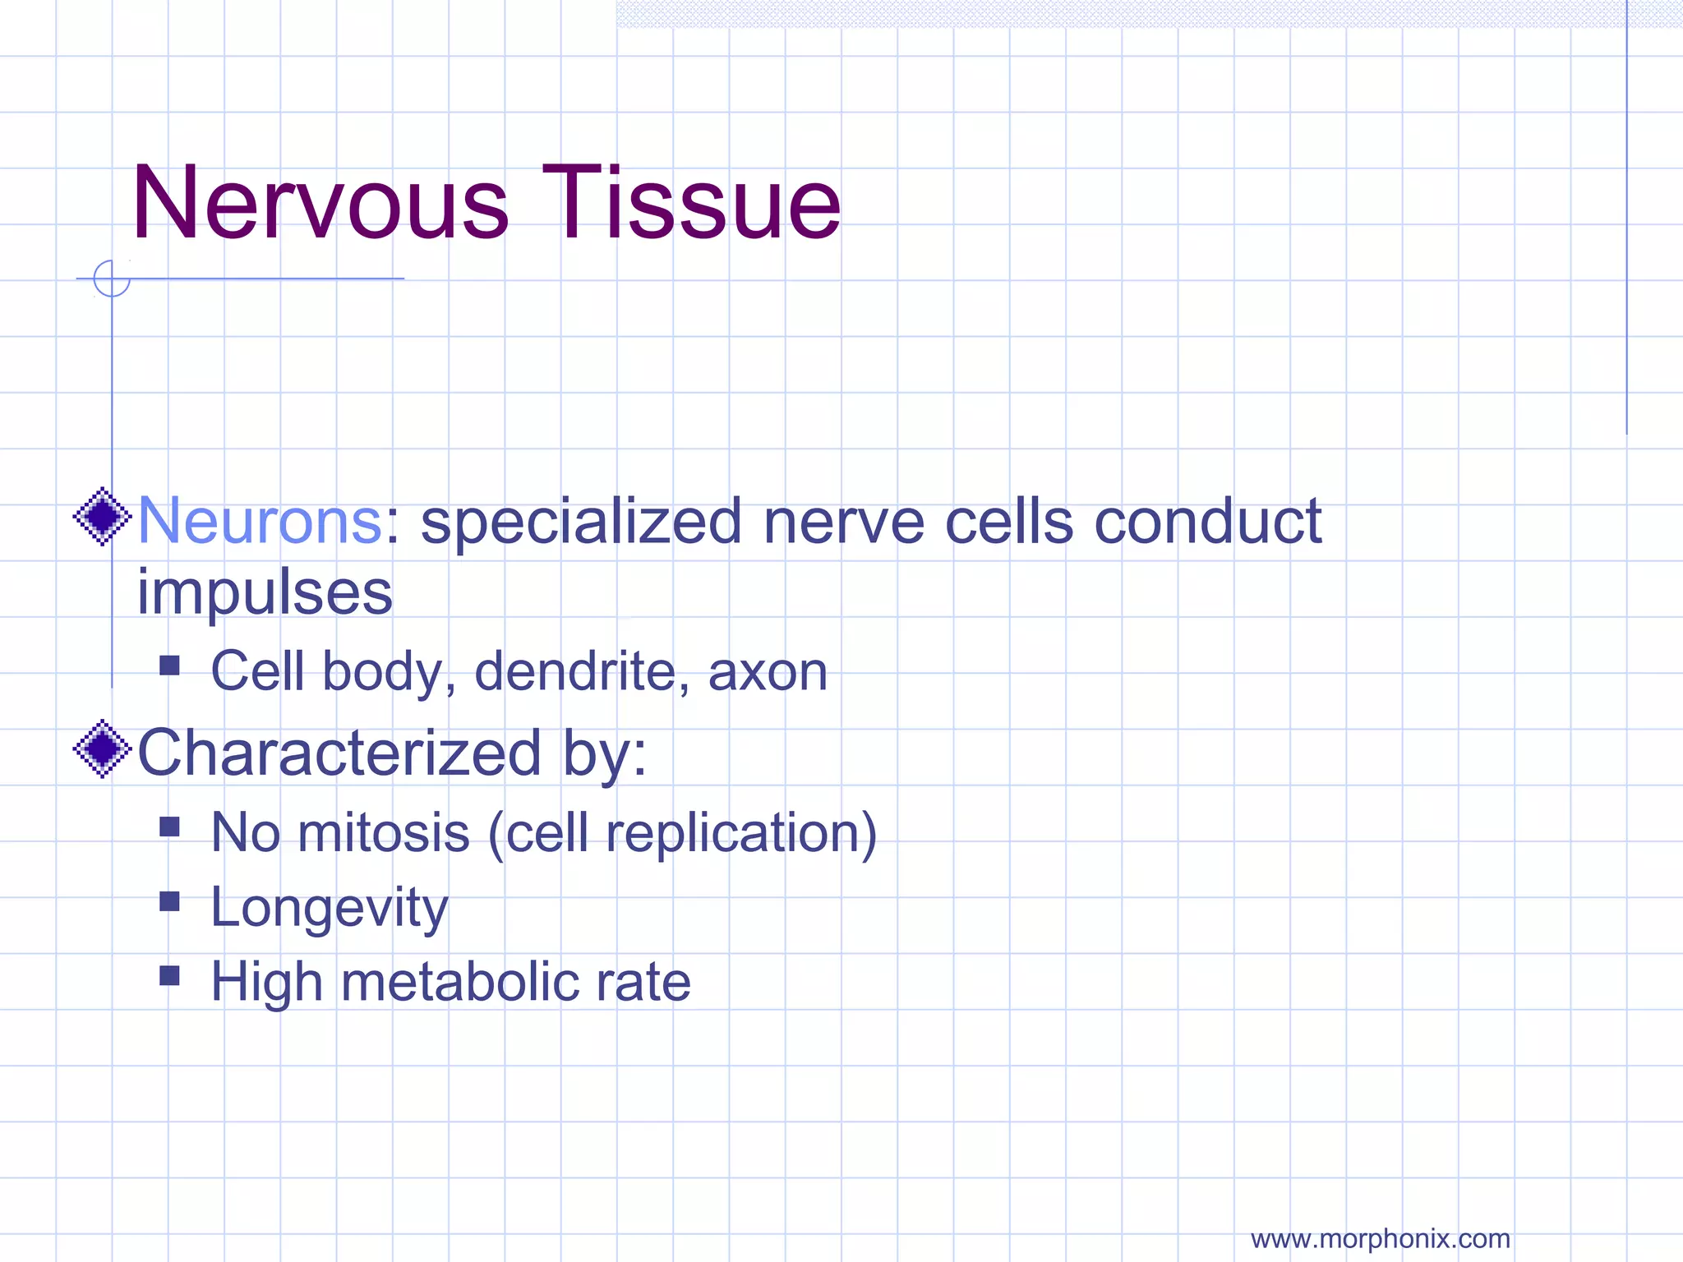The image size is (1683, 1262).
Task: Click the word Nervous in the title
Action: click(x=320, y=203)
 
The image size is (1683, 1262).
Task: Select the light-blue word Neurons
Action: click(x=260, y=521)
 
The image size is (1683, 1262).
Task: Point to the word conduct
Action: click(x=1207, y=521)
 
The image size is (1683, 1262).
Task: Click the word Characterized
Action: click(x=339, y=753)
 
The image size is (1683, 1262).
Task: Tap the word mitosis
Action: click(x=384, y=833)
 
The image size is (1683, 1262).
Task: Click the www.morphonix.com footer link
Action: click(x=1380, y=1238)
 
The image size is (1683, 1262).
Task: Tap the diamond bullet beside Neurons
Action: click(x=103, y=517)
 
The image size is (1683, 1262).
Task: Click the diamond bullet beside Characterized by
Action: click(x=103, y=748)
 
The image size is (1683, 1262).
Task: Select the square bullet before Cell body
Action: click(x=169, y=665)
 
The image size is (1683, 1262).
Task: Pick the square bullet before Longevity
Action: click(x=169, y=901)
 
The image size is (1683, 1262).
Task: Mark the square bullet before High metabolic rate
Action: click(x=169, y=975)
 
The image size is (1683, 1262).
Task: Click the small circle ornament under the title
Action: click(x=112, y=279)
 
